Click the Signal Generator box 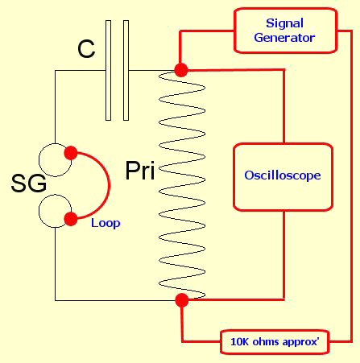point(285,31)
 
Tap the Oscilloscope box point(283,177)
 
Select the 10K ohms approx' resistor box point(275,342)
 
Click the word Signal point(284,23)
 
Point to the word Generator point(284,38)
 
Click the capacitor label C point(86,49)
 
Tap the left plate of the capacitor point(108,70)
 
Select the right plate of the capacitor point(126,70)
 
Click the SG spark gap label point(29,184)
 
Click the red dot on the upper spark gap point(71,153)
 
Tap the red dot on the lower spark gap point(71,219)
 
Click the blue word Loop point(106,223)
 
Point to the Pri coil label point(140,171)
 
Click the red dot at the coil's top point(181,70)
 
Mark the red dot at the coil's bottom point(182,300)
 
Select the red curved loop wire point(110,185)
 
